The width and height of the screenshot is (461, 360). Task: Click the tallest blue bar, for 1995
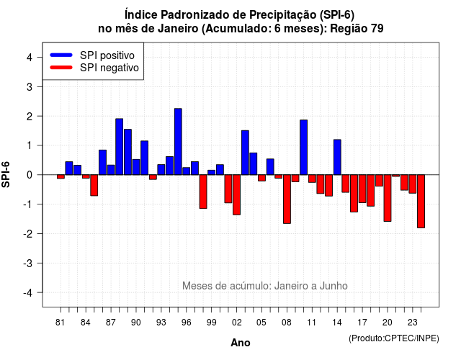pos(178,142)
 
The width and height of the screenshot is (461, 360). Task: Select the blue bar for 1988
pos(119,147)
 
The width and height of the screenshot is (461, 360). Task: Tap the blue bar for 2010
pos(304,147)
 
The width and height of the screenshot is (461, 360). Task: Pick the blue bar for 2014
pos(337,157)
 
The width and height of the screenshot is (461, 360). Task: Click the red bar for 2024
pos(421,202)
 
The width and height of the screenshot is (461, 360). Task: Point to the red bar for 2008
pos(287,199)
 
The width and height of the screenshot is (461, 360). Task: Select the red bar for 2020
pos(388,198)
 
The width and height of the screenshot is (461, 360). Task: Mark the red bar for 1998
pos(203,192)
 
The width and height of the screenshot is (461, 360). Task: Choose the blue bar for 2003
pos(245,153)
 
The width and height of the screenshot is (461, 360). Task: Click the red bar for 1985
pos(94,185)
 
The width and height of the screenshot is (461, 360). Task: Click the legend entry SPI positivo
pos(107,55)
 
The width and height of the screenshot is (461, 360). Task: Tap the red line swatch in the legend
pos(61,68)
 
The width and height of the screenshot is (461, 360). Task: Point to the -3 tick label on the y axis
pos(28,263)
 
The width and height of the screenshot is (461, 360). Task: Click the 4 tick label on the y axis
pos(30,57)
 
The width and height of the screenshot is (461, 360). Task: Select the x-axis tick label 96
pos(187,323)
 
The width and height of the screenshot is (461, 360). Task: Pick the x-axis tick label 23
pos(413,323)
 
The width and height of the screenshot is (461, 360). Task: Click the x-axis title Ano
pos(241,343)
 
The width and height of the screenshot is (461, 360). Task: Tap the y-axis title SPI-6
pos(6,174)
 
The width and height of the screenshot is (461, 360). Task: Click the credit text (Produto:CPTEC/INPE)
pos(394,338)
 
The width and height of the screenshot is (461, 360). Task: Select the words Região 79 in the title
pos(357,29)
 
